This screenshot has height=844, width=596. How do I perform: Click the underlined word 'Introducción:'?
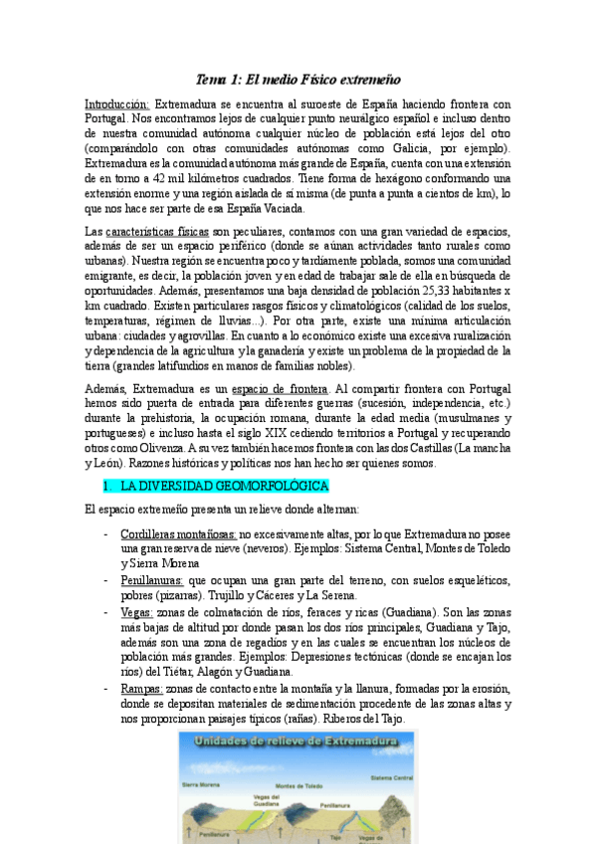tap(117, 104)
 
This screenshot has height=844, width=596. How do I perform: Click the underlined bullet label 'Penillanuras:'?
tap(151, 579)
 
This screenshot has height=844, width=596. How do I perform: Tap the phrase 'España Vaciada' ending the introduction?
tap(267, 209)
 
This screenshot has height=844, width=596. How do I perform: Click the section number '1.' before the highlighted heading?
tap(108, 487)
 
